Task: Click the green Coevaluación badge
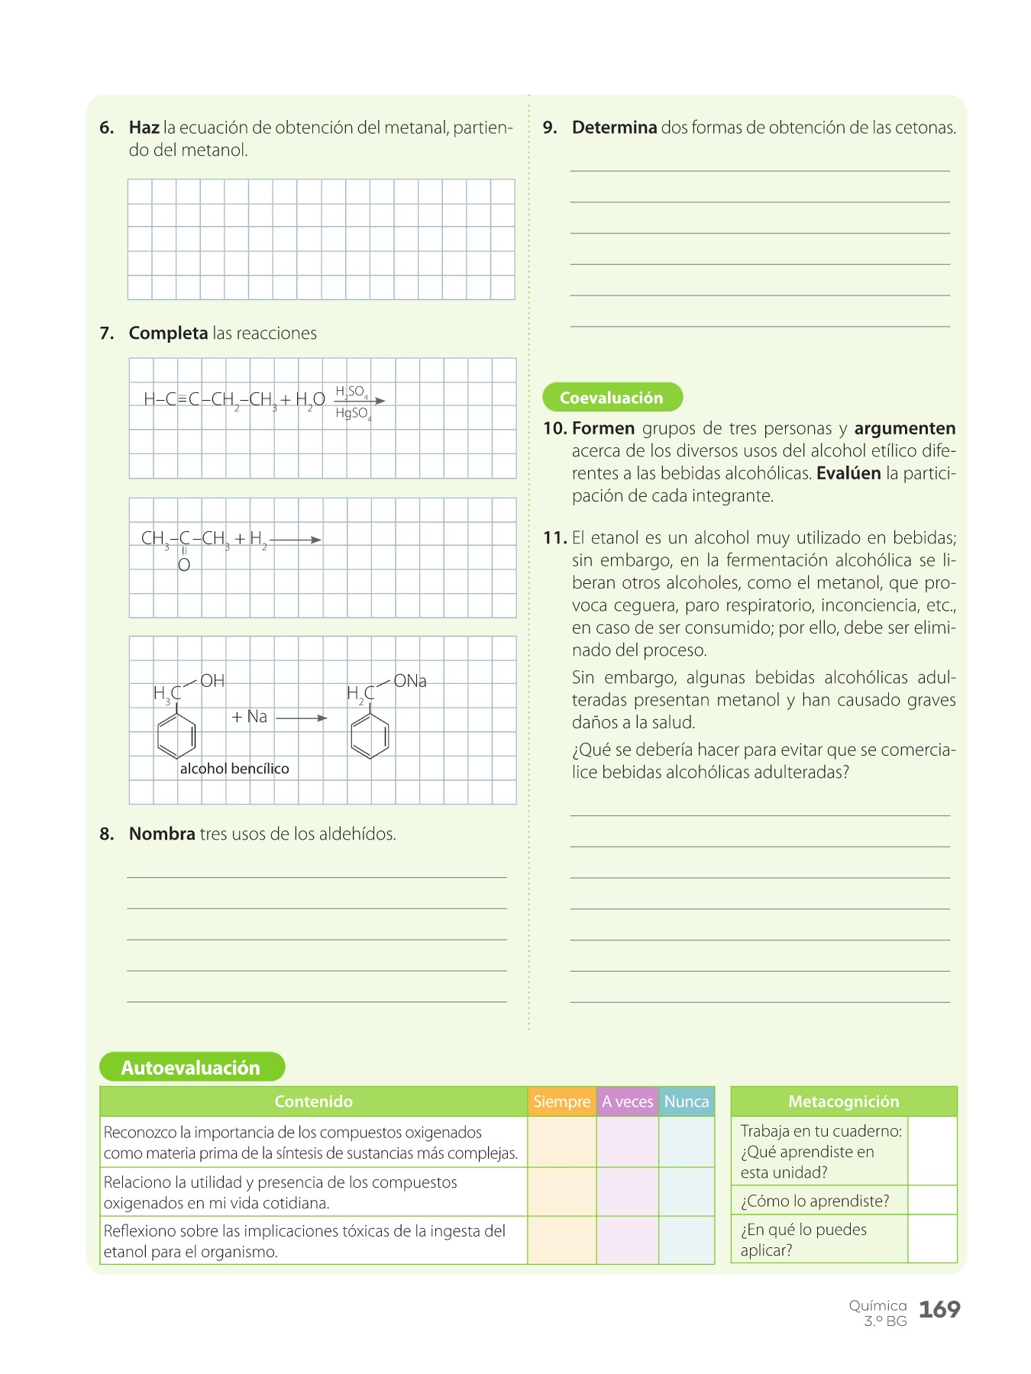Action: pos(612,398)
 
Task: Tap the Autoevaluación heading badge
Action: pos(191,1067)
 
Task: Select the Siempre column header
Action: pos(561,1101)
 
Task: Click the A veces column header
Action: pos(627,1101)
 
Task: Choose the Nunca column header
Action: pos(686,1101)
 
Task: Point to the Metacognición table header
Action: pos(843,1101)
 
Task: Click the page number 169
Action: pos(939,1310)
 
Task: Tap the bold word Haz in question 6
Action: pos(144,127)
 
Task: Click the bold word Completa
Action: pos(168,334)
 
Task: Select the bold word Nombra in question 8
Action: pos(162,834)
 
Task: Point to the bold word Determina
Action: pos(614,127)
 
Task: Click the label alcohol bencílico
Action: pos(234,769)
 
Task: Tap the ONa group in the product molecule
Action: pos(410,681)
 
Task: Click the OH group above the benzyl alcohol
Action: pos(212,681)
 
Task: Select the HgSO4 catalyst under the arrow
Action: pos(352,414)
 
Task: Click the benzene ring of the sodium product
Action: pos(370,736)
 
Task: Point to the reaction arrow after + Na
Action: pos(301,718)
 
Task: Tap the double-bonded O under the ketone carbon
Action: pos(184,566)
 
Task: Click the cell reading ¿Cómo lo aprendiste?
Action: pos(815,1201)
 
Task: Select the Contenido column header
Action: pos(313,1101)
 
